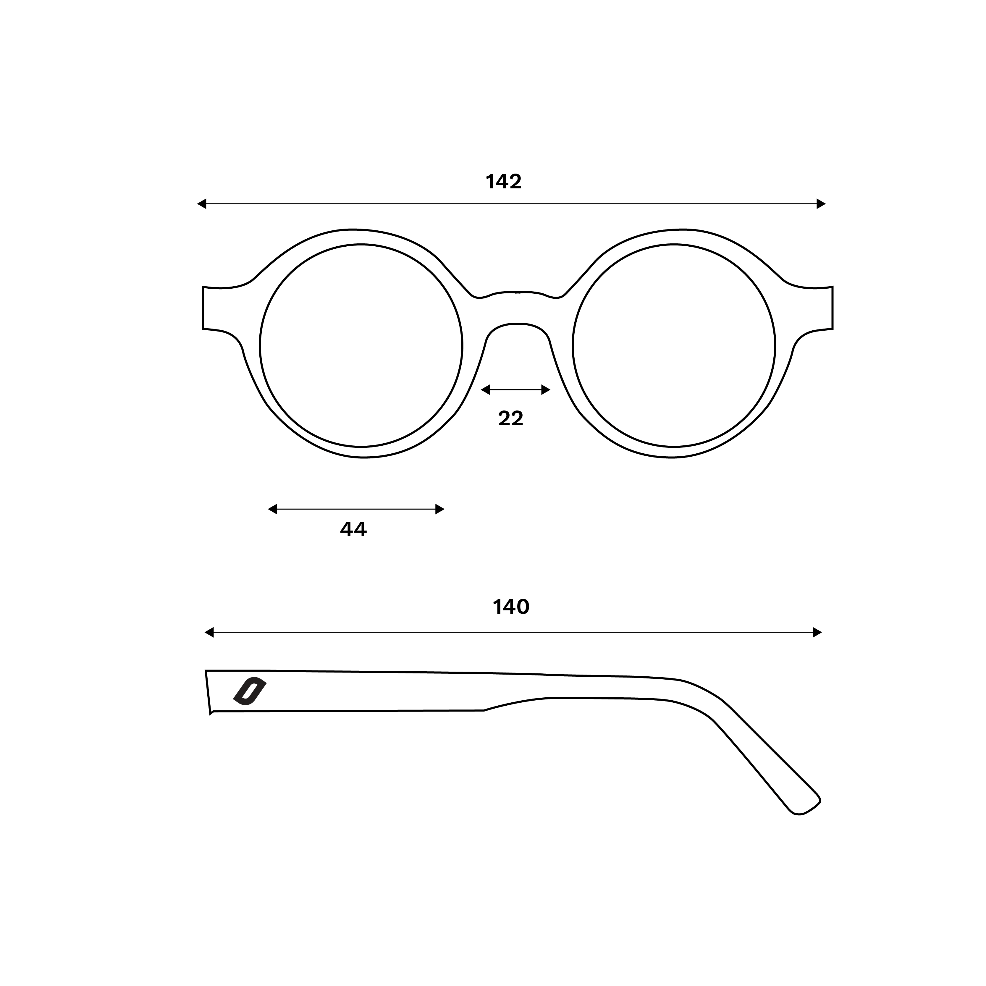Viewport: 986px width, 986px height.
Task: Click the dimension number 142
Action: tap(504, 182)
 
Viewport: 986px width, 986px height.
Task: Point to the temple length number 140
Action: tap(511, 607)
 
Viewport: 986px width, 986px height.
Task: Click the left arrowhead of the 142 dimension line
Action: tap(202, 204)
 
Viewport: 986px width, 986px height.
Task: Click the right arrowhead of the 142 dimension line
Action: tap(821, 204)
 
